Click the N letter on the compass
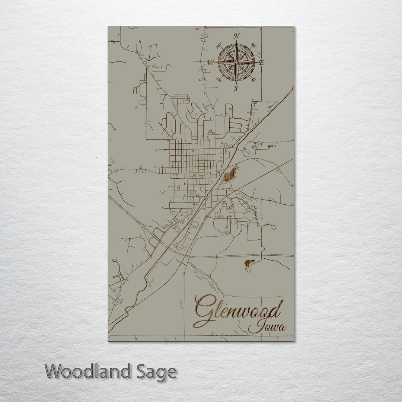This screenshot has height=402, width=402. pos(236,36)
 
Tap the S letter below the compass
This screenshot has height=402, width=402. pos(236,88)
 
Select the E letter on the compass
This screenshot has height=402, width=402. pos(261,63)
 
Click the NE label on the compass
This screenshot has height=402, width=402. pos(254,46)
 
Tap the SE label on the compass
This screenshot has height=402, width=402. pos(253,80)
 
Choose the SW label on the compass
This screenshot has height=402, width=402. pos(219,79)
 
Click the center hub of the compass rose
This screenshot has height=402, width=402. pos(236,62)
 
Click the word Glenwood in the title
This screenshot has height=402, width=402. pos(238,311)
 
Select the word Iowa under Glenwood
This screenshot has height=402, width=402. pos(267,327)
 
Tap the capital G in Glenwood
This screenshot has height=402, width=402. pos(205,311)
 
